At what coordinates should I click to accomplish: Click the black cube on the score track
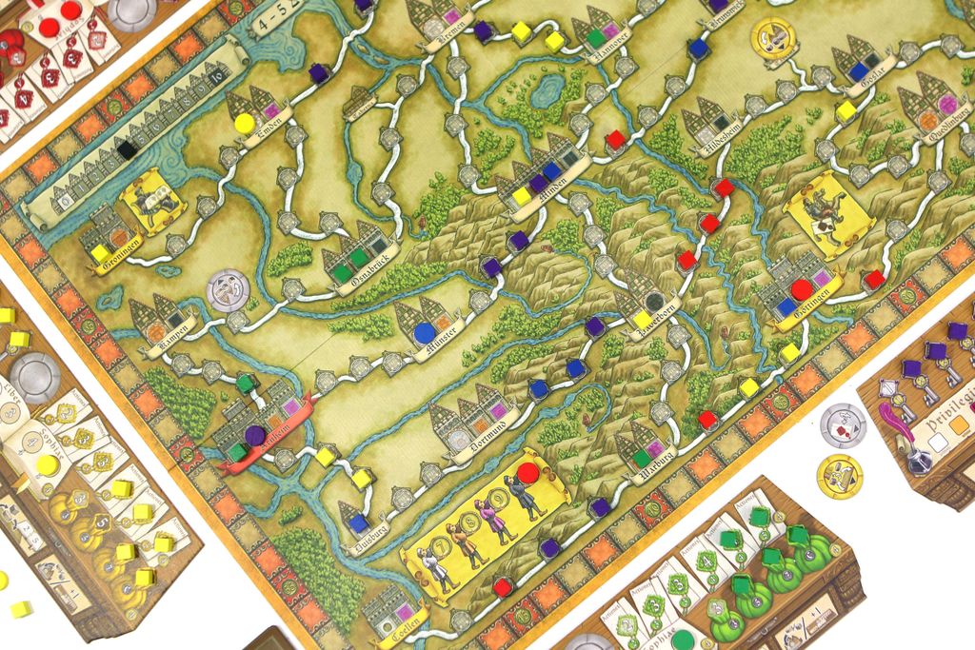(x=126, y=149)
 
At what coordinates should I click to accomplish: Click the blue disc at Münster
(x=424, y=333)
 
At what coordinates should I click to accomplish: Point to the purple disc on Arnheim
(x=254, y=435)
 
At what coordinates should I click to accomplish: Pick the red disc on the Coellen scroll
(x=527, y=472)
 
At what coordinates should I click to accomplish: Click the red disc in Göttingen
(x=802, y=289)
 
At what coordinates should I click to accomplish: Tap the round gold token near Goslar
(x=773, y=37)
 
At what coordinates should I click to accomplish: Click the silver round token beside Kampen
(x=228, y=289)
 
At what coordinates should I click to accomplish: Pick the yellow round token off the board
(x=839, y=475)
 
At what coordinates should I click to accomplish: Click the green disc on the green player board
(x=682, y=638)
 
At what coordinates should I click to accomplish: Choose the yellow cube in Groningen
(x=100, y=253)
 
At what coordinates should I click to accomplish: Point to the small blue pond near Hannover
(x=547, y=90)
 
